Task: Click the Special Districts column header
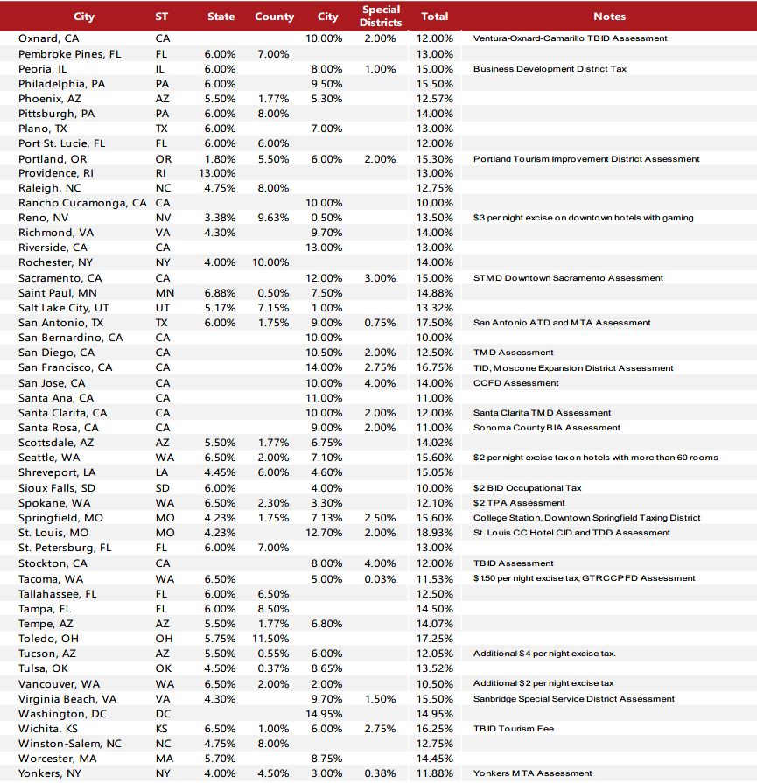[x=381, y=16]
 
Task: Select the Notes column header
[x=609, y=16]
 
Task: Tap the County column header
[x=274, y=16]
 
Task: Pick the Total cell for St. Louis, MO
[x=437, y=533]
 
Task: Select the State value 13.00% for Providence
[x=218, y=173]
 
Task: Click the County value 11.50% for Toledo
[x=274, y=639]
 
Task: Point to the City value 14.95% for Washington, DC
[x=324, y=714]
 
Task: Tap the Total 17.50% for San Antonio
[x=437, y=323]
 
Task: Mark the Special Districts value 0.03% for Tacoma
[x=381, y=578]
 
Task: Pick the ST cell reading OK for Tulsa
[x=164, y=668]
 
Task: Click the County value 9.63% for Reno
[x=274, y=218]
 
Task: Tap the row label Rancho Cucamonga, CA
[x=82, y=203]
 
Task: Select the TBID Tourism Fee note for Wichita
[x=514, y=729]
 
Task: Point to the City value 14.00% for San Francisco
[x=324, y=368]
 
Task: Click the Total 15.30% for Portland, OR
[x=437, y=159]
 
